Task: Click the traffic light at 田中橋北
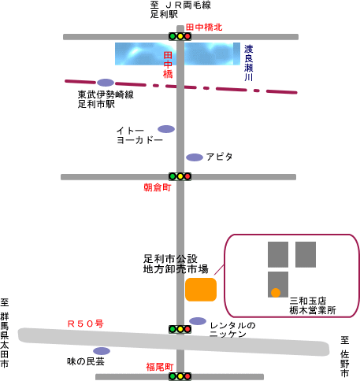(180, 36)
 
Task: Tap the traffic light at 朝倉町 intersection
(180, 176)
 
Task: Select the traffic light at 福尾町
(180, 376)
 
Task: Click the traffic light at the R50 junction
(180, 329)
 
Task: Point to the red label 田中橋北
(204, 27)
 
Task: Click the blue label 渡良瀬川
(248, 63)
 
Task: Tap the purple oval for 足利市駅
(106, 83)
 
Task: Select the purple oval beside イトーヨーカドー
(166, 129)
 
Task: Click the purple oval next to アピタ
(195, 157)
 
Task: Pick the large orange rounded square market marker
(201, 290)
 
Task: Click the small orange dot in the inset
(276, 293)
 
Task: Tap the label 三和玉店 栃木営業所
(313, 305)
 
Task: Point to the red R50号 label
(86, 324)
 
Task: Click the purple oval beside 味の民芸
(102, 351)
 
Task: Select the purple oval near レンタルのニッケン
(198, 321)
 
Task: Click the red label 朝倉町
(158, 187)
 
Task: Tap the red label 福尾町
(160, 367)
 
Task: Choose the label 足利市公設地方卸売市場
(176, 264)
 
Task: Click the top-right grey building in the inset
(306, 254)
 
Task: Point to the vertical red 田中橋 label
(168, 65)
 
